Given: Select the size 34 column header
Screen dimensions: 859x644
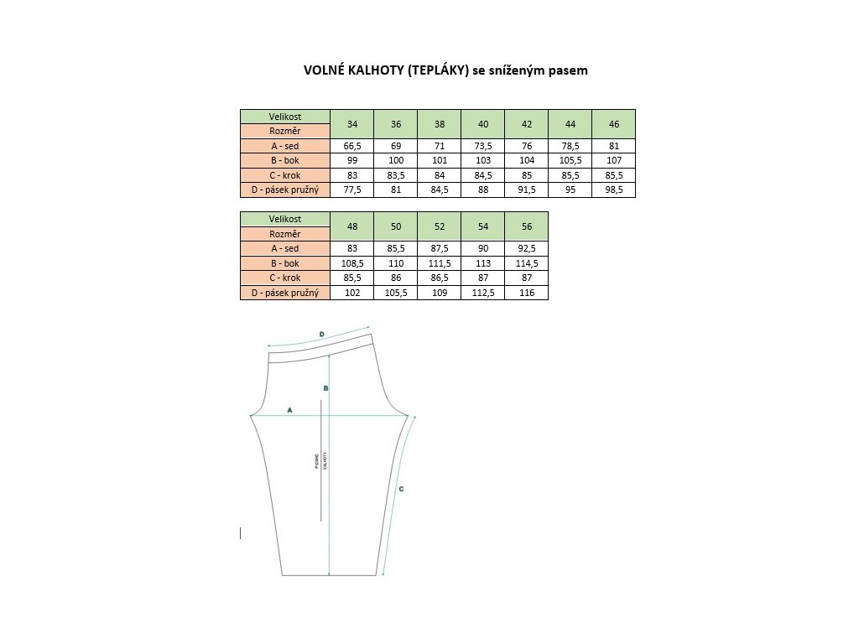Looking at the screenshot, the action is (x=352, y=124).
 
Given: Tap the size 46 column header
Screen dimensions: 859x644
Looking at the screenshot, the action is (x=614, y=124).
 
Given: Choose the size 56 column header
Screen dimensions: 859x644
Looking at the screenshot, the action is (x=527, y=226).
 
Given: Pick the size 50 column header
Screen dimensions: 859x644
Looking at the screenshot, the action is (x=396, y=226).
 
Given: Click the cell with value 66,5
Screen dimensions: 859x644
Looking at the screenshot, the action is (x=352, y=146).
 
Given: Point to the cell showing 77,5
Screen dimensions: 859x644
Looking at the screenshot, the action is (x=352, y=190).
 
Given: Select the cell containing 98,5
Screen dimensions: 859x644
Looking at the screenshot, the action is (x=614, y=190).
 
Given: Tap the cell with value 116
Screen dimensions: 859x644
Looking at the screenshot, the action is (x=527, y=293).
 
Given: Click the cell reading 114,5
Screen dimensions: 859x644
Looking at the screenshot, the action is (x=527, y=263).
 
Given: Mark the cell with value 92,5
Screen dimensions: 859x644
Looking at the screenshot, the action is (x=527, y=248).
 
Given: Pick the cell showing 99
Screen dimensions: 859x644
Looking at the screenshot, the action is (x=352, y=161).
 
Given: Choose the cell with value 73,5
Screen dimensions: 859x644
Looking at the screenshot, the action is (x=483, y=146).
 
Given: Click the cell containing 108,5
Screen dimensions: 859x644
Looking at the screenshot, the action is (x=352, y=263).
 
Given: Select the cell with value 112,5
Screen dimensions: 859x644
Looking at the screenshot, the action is (x=483, y=293).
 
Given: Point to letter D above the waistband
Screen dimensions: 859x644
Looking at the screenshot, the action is (x=322, y=335).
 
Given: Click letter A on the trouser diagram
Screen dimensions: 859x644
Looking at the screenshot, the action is (x=289, y=410).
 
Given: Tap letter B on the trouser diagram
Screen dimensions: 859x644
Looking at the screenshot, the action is (x=325, y=388).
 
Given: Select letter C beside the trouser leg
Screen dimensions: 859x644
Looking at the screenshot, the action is (x=401, y=488).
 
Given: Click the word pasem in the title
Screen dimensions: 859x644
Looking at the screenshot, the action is (x=567, y=71).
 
